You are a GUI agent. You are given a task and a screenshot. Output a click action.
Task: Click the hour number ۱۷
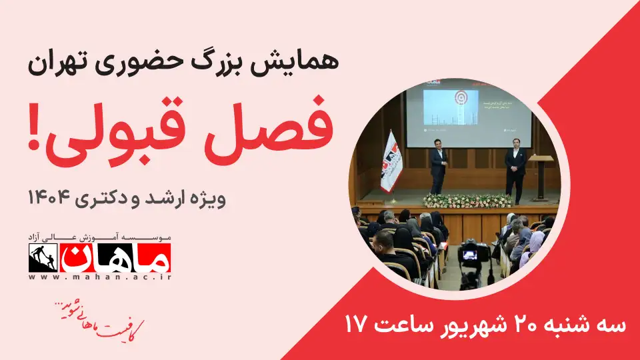(x=357, y=325)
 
